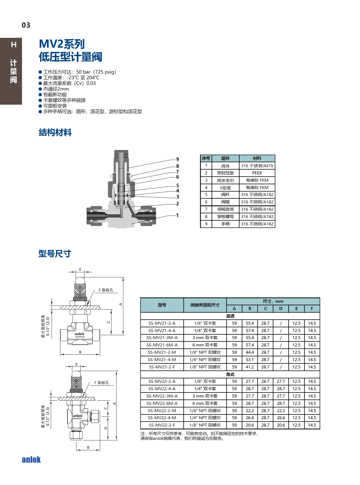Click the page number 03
click(26, 25)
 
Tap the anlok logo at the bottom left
click(31, 460)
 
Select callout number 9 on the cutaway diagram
click(177, 159)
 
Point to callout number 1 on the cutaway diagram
click(177, 215)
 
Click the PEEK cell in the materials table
click(257, 173)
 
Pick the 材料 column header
click(257, 158)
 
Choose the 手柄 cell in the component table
click(225, 224)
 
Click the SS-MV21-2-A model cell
click(162, 323)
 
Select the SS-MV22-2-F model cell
click(162, 425)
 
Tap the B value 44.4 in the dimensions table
click(250, 352)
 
